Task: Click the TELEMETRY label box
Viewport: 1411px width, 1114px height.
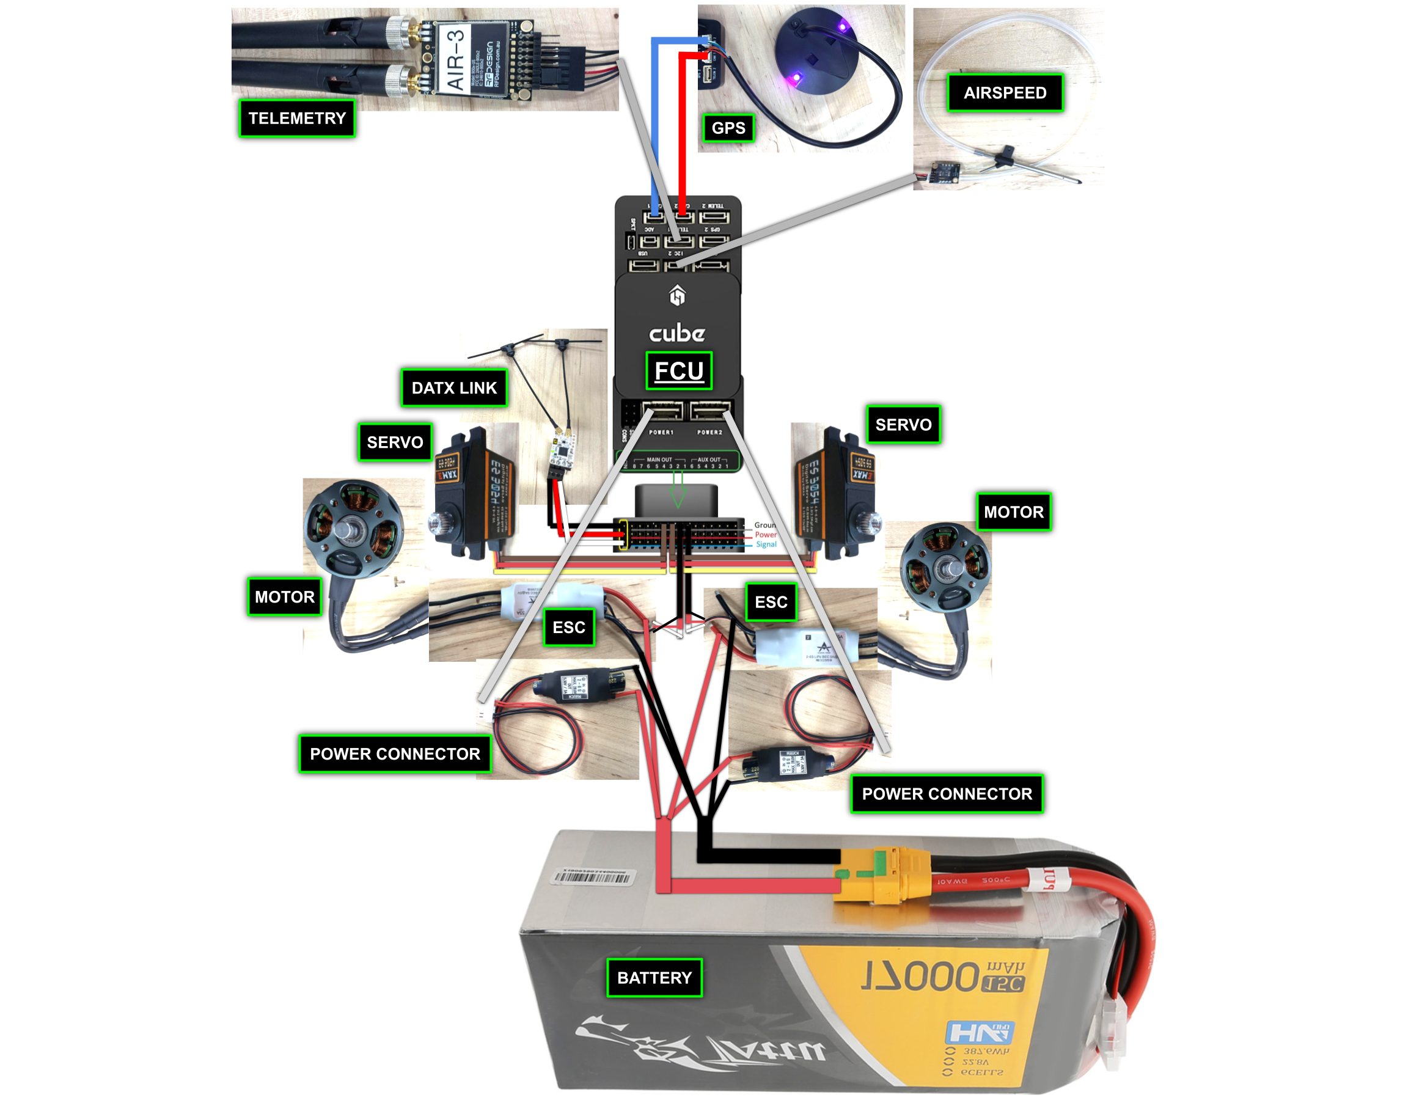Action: [x=297, y=119]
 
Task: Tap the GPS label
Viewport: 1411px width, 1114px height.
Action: [x=728, y=128]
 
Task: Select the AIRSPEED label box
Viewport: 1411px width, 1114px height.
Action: [x=1005, y=93]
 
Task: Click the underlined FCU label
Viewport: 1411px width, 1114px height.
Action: [x=678, y=370]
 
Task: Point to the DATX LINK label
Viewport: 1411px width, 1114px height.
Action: [x=454, y=388]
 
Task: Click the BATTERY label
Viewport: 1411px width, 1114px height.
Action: [x=654, y=978]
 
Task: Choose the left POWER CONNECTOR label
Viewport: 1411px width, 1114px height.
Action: [x=395, y=754]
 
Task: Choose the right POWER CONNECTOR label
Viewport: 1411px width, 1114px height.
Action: [x=947, y=794]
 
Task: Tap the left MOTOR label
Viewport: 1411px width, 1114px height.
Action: [x=284, y=597]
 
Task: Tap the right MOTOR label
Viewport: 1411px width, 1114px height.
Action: [x=1013, y=512]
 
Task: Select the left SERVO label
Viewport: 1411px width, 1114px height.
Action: [x=395, y=442]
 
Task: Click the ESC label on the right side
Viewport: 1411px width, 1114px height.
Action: [x=771, y=602]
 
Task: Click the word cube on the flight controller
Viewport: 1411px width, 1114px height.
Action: [x=676, y=333]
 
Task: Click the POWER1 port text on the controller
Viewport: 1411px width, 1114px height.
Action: [x=661, y=433]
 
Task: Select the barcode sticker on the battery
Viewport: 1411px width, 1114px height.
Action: [x=592, y=876]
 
